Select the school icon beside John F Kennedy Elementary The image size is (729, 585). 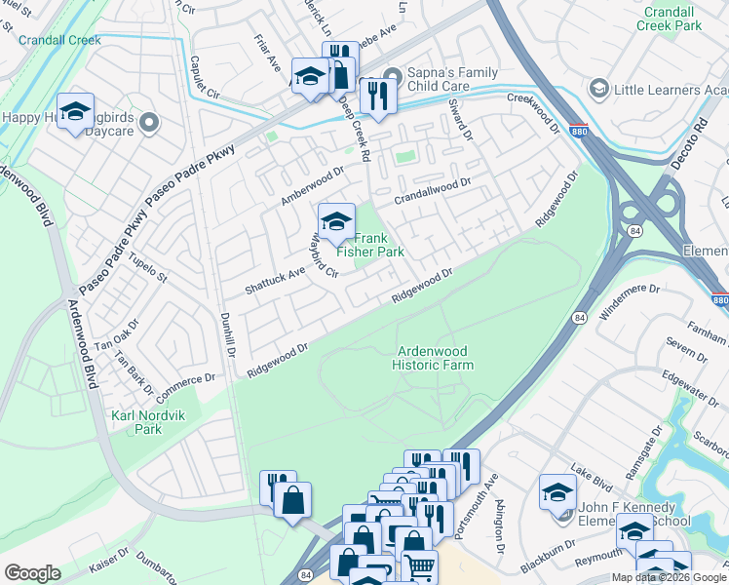(557, 491)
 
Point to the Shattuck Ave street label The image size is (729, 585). (275, 280)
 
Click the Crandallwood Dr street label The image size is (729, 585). (432, 189)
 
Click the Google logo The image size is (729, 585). (32, 572)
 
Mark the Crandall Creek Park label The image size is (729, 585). (672, 18)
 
